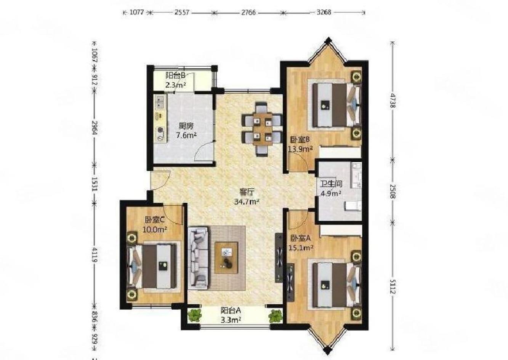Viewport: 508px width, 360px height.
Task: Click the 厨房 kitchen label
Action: [186, 126]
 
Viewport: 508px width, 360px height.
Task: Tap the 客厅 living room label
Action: [247, 192]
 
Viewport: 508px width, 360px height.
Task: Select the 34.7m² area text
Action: [247, 202]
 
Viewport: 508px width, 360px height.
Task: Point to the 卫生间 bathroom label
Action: [331, 184]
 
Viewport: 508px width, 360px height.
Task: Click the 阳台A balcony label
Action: [231, 310]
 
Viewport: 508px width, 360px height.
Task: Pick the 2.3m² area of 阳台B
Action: [176, 85]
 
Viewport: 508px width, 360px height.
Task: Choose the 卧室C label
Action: [154, 219]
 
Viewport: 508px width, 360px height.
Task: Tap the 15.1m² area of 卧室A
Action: [301, 248]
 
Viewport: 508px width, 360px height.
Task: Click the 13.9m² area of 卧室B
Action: [300, 149]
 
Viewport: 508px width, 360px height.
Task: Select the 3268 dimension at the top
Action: [324, 12]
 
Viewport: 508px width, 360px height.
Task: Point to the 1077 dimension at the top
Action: [136, 12]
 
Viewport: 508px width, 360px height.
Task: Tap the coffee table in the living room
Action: [226, 258]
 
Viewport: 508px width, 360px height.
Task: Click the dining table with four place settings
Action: [263, 129]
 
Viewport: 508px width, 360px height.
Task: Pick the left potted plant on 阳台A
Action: [194, 315]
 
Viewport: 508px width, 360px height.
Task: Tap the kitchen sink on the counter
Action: [161, 102]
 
